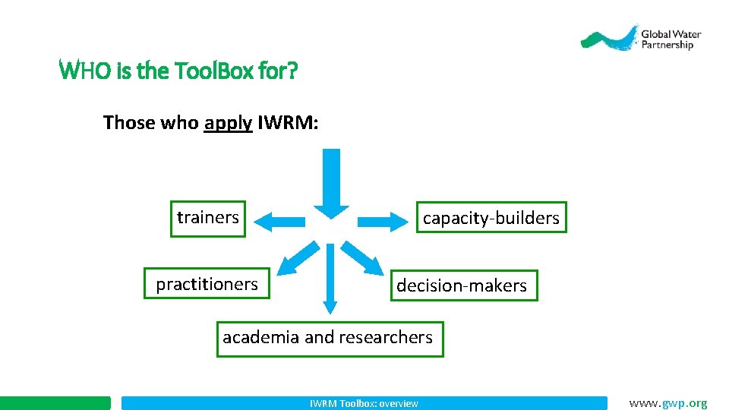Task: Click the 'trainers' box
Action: [208, 218]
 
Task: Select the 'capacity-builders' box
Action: [491, 218]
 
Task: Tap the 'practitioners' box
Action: [207, 284]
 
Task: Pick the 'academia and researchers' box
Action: [327, 338]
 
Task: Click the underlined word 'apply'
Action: [228, 122]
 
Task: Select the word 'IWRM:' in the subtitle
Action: [288, 122]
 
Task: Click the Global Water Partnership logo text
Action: [671, 39]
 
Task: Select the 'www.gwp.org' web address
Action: [667, 403]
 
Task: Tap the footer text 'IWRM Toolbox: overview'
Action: [364, 403]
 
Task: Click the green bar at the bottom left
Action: [55, 403]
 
